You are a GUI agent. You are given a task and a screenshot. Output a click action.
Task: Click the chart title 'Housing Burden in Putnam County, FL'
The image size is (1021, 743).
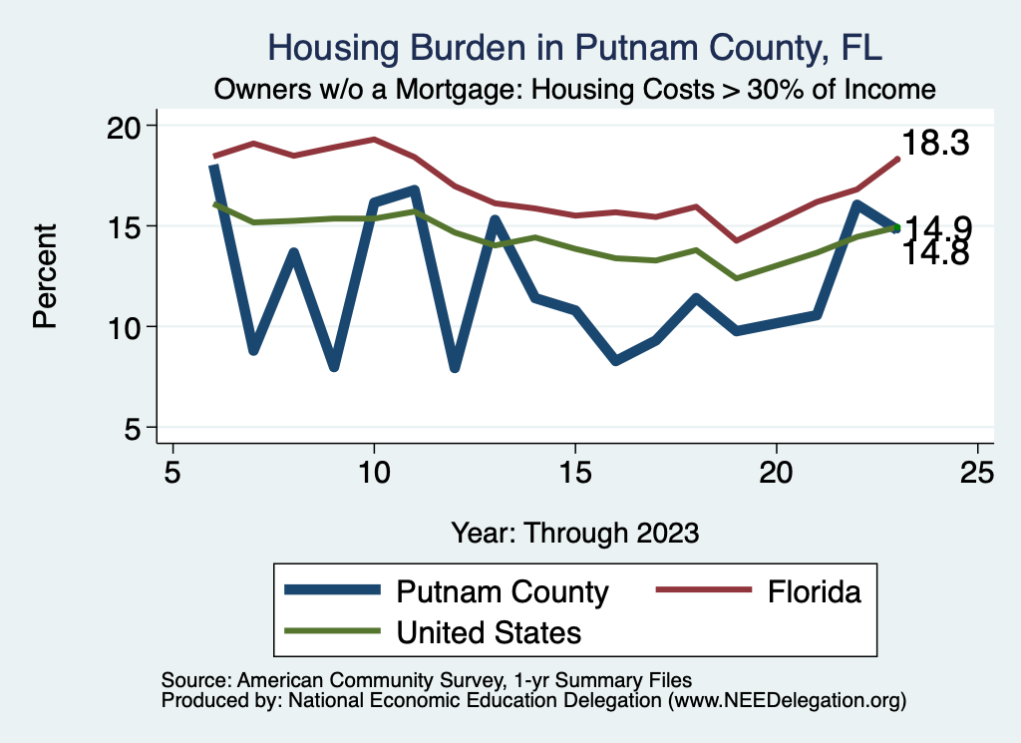pos(575,48)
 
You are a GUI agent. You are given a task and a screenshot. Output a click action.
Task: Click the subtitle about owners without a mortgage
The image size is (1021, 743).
pos(575,89)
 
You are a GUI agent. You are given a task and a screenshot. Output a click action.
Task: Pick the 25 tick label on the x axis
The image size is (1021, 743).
pos(977,472)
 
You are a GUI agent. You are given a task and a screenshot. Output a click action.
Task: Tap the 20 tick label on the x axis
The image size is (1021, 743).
pos(776,472)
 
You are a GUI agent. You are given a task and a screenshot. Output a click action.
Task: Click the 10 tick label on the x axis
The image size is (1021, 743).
pos(374,472)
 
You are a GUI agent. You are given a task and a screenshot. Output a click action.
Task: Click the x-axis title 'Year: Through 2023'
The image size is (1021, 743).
pos(575,532)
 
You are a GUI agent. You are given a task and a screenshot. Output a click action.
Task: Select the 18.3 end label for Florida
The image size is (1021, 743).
pos(935,144)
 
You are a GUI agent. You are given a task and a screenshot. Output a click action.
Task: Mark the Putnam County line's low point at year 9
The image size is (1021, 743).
pos(334,366)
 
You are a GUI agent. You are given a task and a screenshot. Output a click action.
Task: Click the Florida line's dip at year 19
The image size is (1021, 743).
pos(736,240)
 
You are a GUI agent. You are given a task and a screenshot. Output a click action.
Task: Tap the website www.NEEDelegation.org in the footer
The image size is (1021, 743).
pos(787,700)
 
